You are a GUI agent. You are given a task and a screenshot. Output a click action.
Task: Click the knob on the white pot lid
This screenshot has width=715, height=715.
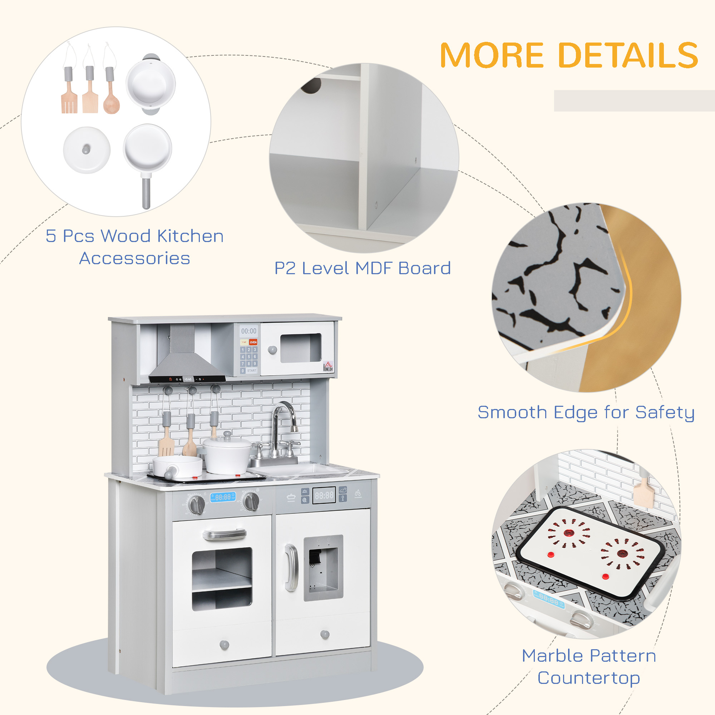[86, 149]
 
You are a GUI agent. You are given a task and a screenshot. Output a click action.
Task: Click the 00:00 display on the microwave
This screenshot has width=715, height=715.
[249, 331]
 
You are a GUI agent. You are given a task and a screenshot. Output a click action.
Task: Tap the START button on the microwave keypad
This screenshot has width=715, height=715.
[252, 370]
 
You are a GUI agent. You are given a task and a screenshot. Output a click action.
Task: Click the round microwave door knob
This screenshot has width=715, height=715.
[272, 350]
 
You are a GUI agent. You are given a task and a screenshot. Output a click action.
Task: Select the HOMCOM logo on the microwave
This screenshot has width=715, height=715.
[328, 366]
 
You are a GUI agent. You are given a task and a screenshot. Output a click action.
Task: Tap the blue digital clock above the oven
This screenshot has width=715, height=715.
[223, 497]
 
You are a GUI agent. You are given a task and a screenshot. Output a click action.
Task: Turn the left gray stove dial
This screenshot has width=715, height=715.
[197, 504]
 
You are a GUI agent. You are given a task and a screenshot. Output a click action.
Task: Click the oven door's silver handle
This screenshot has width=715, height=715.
[225, 534]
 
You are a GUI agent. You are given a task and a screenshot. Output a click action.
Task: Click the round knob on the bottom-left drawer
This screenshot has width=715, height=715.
[224, 644]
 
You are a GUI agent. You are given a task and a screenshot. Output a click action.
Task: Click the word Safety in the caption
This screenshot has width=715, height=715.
[665, 412]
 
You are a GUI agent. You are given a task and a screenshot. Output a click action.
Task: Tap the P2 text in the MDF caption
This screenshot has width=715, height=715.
[285, 268]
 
